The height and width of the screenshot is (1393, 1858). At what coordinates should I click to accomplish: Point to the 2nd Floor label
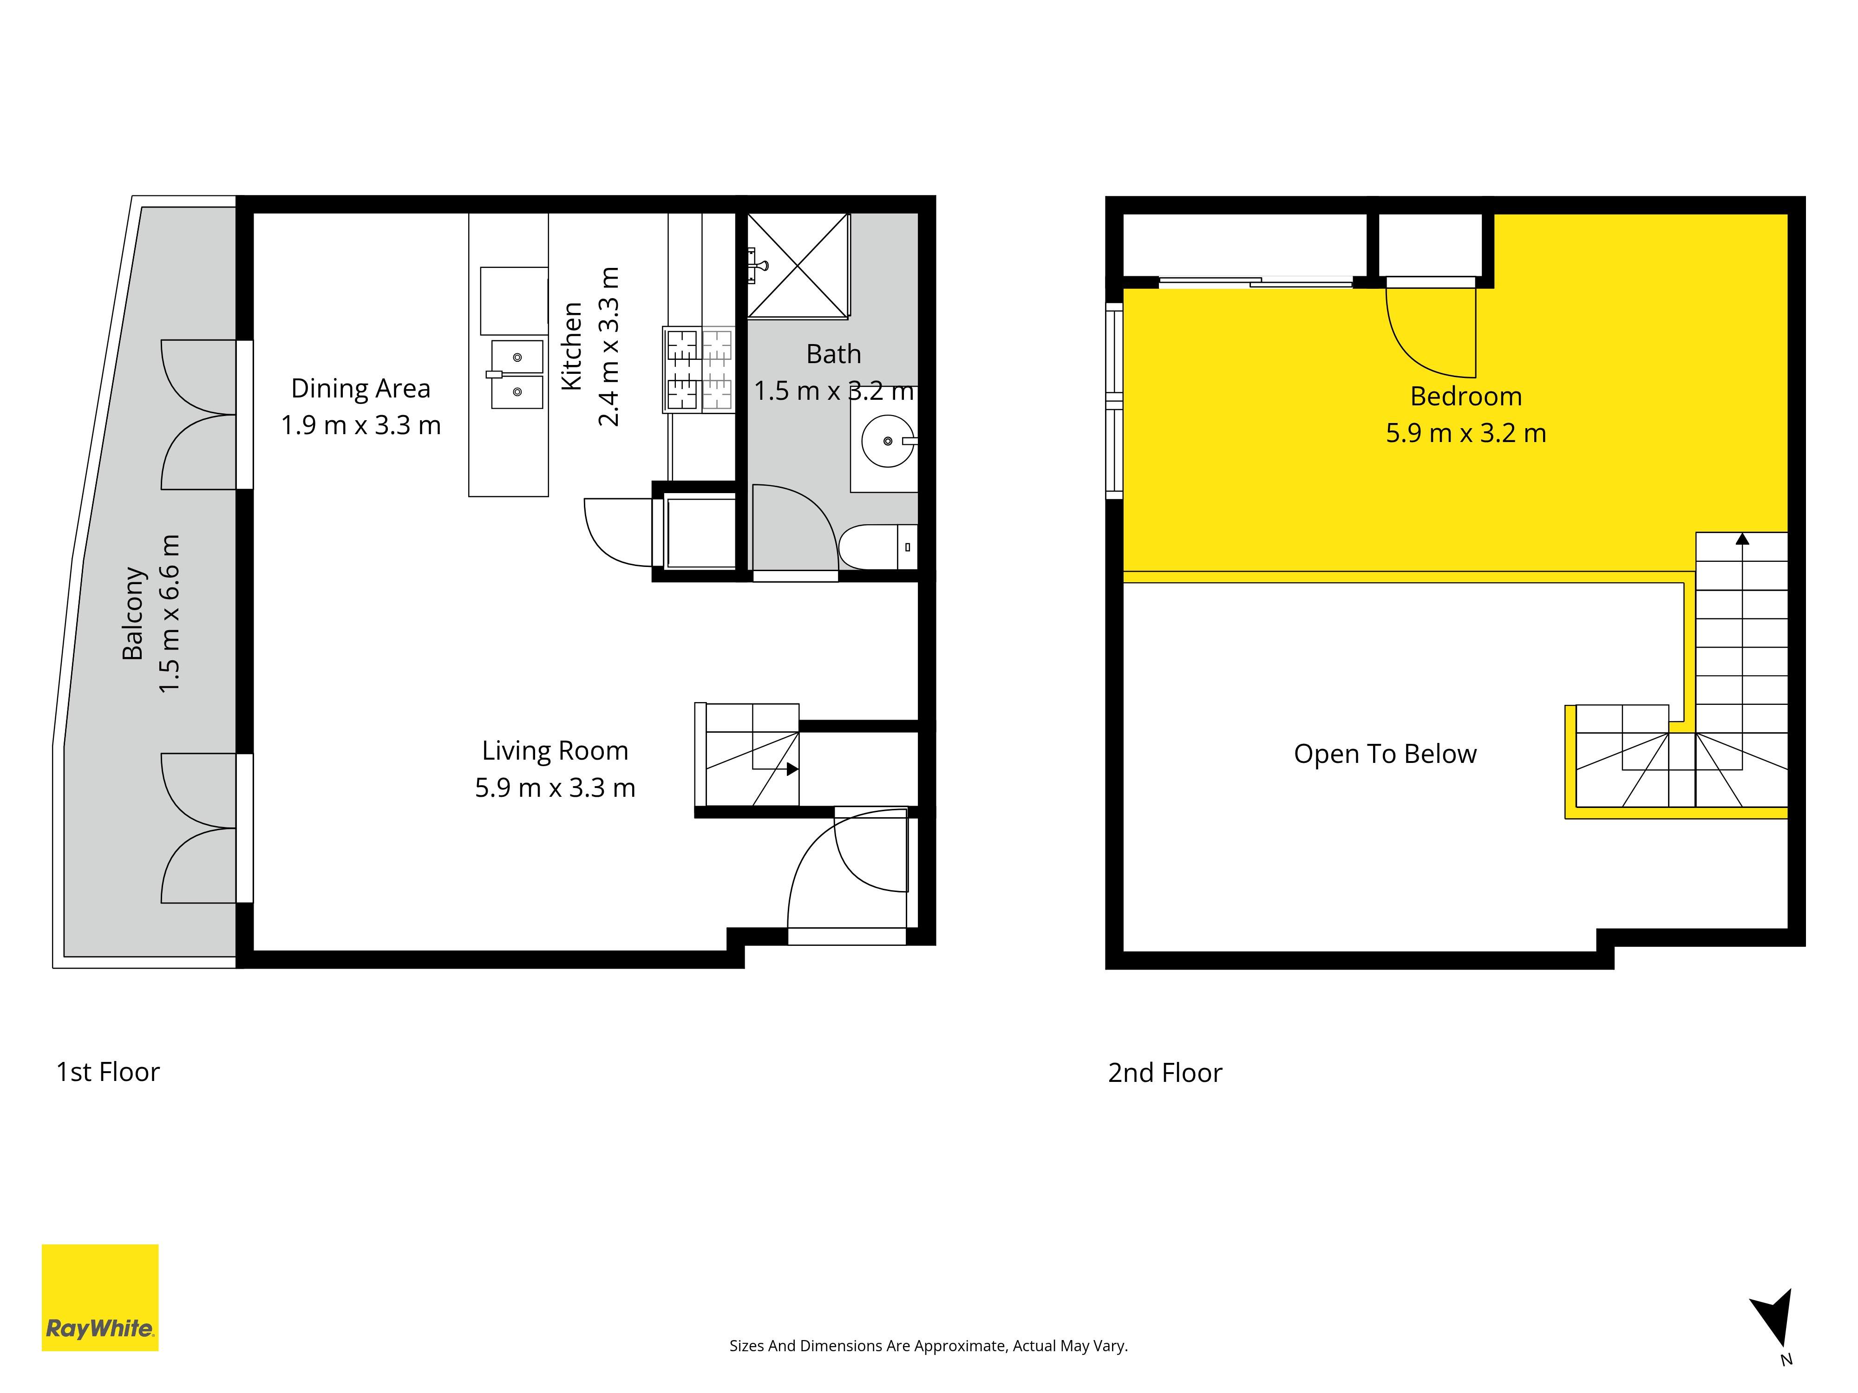point(1165,1073)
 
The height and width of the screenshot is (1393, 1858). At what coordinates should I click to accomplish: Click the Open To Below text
point(1385,754)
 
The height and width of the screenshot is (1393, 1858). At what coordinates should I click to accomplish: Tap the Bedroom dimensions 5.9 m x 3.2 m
point(1466,433)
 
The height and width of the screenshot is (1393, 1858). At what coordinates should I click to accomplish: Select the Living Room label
point(555,751)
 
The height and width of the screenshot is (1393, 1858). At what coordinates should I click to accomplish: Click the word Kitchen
point(572,346)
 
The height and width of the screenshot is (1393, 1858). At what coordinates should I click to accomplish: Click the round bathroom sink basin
point(888,440)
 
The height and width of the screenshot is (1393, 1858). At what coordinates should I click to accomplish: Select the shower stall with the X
point(798,266)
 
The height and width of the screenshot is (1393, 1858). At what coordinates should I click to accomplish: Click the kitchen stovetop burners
point(699,370)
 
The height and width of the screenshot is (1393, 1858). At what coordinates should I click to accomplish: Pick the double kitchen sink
point(517,374)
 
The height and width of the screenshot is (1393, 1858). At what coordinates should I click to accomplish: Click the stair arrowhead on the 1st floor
point(792,768)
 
